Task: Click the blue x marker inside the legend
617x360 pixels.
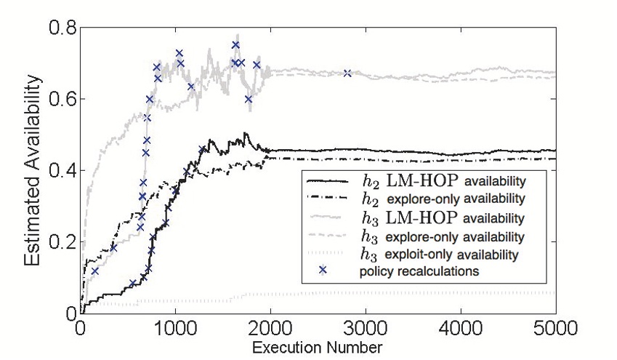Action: pos(323,271)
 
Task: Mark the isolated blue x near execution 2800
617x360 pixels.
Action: pos(347,73)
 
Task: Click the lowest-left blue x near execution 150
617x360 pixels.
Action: pos(94,271)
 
